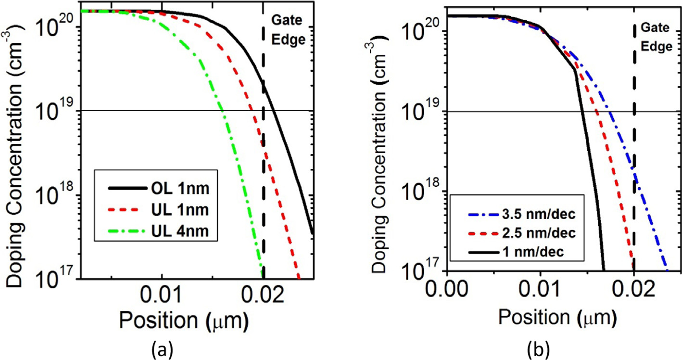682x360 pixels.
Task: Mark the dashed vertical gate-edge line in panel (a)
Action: pyautogui.click(x=264, y=144)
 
